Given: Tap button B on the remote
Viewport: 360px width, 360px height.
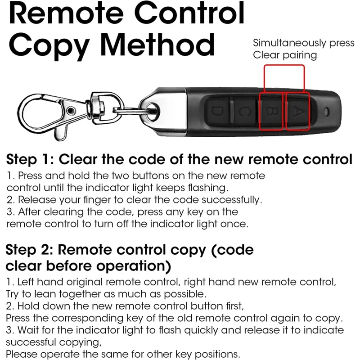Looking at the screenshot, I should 270,112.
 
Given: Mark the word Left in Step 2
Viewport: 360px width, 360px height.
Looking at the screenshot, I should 26,283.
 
